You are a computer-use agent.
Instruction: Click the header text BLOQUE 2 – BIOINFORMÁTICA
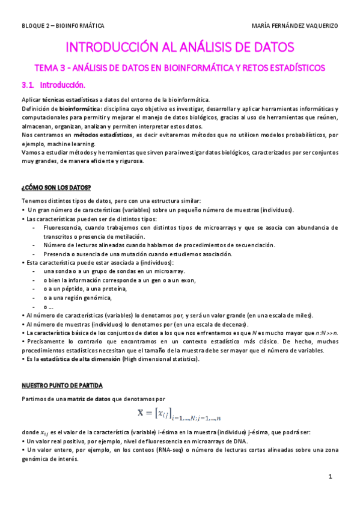63,26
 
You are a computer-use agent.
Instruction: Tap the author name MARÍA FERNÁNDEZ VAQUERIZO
296,26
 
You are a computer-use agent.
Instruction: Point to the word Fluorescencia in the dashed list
66,227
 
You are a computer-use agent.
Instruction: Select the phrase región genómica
91,298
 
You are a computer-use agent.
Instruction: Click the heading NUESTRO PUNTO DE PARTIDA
62,384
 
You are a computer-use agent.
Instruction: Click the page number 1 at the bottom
331,476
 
